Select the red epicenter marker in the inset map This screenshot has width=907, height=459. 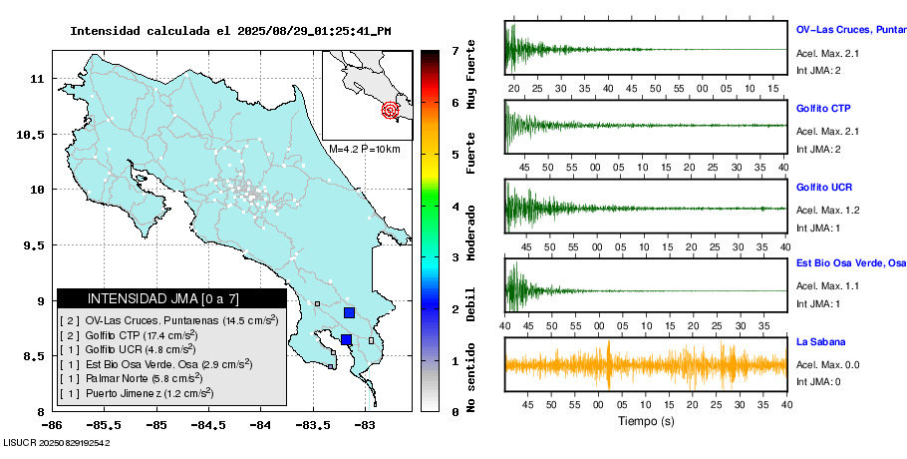[x=391, y=110]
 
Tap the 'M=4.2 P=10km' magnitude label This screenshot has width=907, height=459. [x=364, y=149]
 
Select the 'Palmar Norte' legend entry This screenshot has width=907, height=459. [x=131, y=379]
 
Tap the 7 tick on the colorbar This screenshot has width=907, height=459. [x=453, y=50]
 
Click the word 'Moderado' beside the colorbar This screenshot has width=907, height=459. [x=471, y=232]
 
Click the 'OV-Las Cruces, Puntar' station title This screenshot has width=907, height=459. [x=850, y=29]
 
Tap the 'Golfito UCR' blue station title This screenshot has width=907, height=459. [x=824, y=188]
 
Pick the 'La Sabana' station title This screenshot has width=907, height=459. [x=820, y=341]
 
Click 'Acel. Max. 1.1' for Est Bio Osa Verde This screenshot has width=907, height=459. [x=827, y=286]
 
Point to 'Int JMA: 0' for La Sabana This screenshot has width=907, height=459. [x=818, y=381]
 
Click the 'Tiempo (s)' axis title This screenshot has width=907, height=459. [x=646, y=421]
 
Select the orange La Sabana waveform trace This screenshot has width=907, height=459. [x=646, y=365]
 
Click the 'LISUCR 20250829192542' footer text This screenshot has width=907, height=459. [x=57, y=441]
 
